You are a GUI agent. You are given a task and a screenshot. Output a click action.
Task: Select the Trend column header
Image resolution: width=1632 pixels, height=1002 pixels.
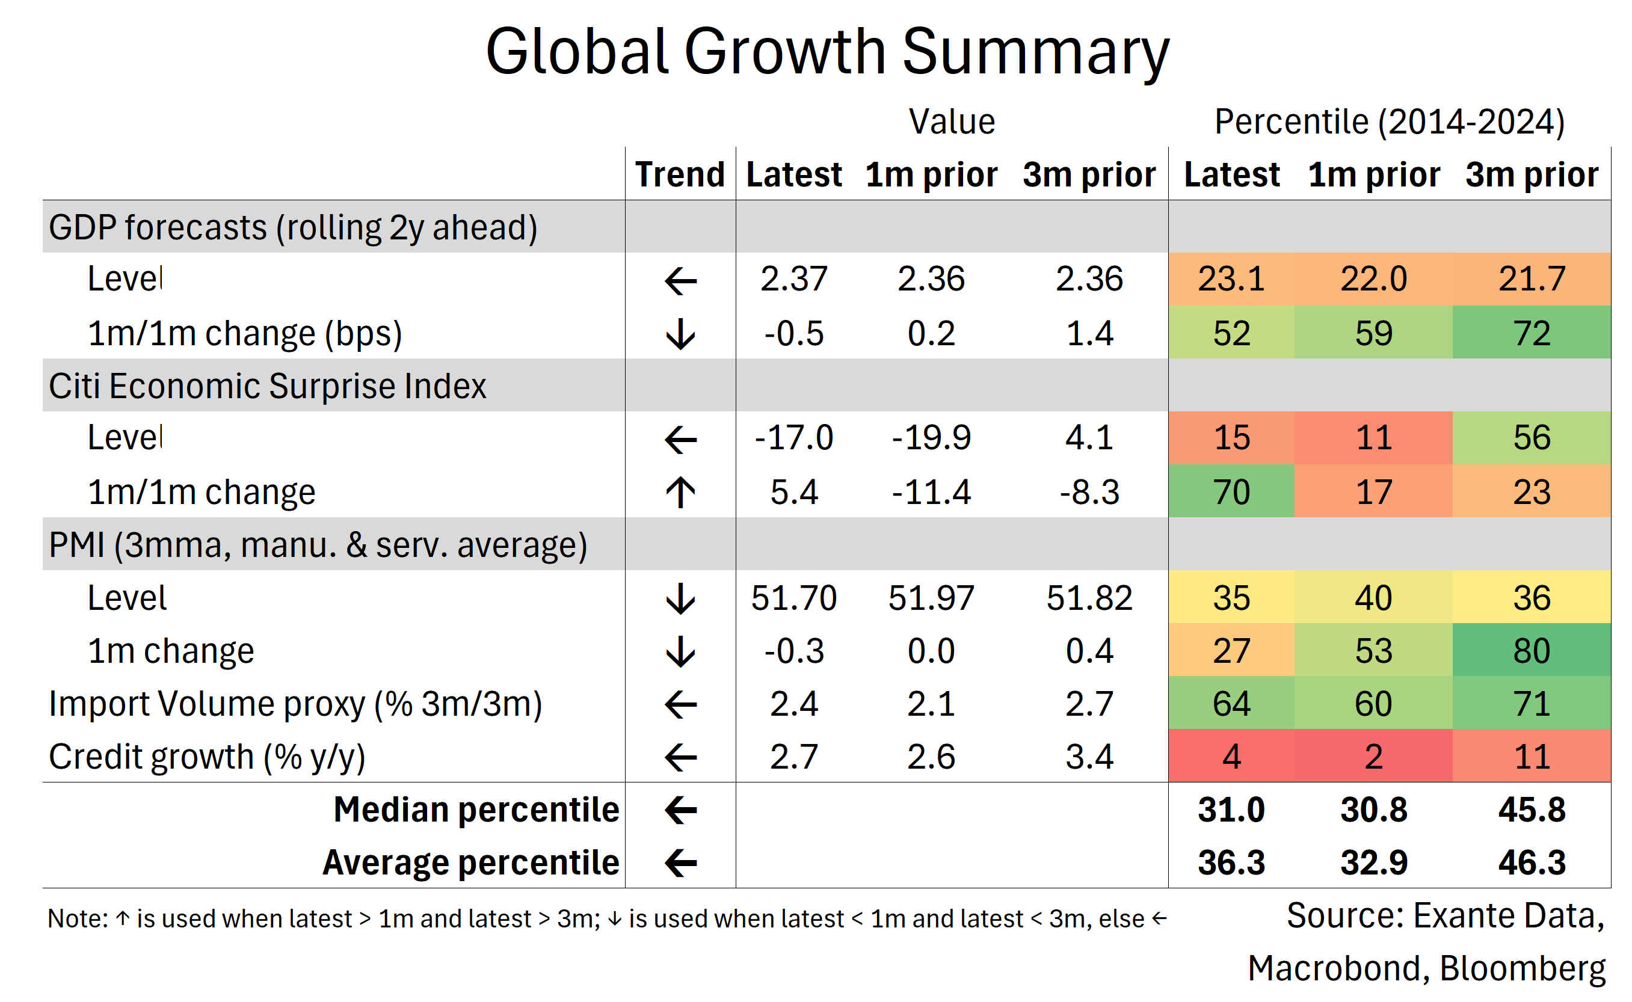point(680,174)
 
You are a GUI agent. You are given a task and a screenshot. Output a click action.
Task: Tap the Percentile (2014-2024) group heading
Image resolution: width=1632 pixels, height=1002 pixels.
point(1390,122)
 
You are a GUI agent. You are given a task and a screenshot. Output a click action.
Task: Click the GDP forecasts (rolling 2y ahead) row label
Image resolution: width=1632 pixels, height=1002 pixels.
point(293,227)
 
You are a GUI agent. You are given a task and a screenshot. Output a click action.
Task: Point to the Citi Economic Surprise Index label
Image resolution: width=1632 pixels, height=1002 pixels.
point(267,386)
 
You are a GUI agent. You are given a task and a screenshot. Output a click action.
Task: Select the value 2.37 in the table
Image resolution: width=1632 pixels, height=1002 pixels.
point(794,278)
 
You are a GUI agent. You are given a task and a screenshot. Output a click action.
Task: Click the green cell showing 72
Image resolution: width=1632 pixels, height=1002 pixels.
point(1532,333)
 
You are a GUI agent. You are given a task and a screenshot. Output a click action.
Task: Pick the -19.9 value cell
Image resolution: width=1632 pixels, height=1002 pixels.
point(931,437)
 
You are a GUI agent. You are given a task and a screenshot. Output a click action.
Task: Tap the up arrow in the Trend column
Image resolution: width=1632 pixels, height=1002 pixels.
point(680,493)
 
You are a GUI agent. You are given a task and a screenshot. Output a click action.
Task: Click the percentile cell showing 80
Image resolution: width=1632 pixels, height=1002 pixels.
point(1532,650)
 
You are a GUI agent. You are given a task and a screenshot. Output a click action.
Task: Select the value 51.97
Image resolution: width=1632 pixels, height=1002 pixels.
point(931,598)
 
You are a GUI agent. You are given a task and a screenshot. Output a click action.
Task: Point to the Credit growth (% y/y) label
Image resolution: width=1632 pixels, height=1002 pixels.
point(207,757)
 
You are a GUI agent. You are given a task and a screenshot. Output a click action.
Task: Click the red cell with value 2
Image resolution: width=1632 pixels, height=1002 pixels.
point(1373,756)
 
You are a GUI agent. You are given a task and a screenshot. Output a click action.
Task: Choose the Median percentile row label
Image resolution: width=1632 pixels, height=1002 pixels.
point(476,810)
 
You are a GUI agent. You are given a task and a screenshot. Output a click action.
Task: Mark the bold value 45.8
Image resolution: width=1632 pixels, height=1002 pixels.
point(1532,810)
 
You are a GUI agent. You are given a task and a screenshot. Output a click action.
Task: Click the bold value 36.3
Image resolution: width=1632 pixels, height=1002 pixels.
point(1231,863)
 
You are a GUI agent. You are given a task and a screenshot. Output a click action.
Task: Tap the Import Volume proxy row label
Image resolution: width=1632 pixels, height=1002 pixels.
point(295,704)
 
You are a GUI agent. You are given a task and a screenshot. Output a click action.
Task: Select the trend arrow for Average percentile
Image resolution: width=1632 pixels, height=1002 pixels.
point(680,863)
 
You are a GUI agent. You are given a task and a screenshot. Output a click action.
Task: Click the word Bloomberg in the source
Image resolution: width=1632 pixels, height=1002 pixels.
point(1522,968)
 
